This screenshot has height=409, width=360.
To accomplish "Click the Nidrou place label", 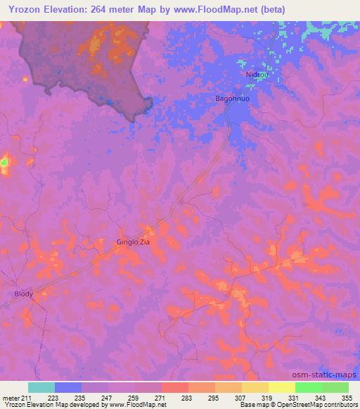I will pos(257,74).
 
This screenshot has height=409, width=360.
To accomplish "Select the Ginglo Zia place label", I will pos(133,242).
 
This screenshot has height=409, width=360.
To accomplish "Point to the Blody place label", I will pos(24,294).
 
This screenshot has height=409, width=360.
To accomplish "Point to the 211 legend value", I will pos(25,397).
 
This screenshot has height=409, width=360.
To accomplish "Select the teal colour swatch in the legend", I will pos(41,387).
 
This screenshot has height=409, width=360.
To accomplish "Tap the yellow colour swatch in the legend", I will pos(282,387).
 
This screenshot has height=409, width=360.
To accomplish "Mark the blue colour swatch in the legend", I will pos(68,387).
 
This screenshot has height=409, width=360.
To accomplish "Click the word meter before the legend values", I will pos(11,397).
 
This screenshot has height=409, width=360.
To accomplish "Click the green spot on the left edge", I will pos(4,163).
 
